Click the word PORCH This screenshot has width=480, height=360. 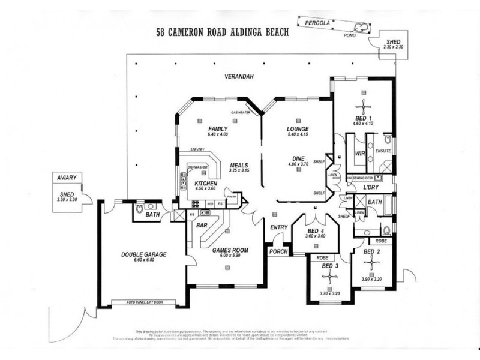click(x=278, y=251)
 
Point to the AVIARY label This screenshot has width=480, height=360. click(x=65, y=179)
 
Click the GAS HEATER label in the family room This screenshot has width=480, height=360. click(x=241, y=112)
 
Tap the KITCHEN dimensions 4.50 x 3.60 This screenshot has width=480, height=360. click(x=205, y=188)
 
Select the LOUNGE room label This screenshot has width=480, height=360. click(x=298, y=129)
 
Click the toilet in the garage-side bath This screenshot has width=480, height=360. click(x=140, y=210)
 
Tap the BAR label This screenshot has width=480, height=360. click(x=202, y=226)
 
